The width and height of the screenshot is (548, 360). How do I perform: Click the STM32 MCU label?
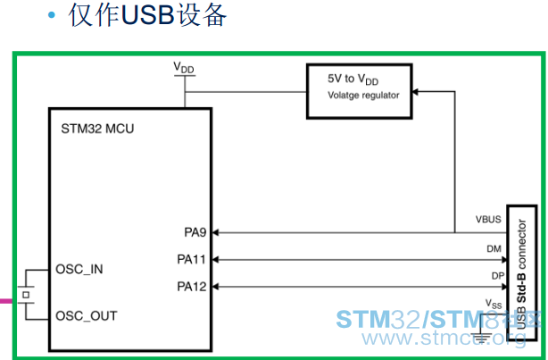click(x=97, y=129)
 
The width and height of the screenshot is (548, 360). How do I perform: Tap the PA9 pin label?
click(x=195, y=232)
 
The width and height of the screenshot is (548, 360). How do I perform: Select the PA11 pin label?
click(x=191, y=260)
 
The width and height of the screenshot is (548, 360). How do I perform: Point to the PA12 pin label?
click(x=192, y=287)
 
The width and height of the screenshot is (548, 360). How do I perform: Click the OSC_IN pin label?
click(x=79, y=270)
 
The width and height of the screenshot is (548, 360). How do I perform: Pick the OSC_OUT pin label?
click(x=87, y=316)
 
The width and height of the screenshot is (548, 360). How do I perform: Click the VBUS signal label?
click(x=488, y=220)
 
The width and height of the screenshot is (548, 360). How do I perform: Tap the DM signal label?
click(x=494, y=248)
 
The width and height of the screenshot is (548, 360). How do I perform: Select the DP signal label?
click(x=498, y=276)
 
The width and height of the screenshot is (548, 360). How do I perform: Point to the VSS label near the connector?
click(x=494, y=304)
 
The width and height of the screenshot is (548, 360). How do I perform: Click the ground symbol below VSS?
click(x=482, y=337)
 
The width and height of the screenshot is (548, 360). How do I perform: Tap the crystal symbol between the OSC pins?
click(x=26, y=295)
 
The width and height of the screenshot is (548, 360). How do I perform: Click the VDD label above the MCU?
click(x=184, y=68)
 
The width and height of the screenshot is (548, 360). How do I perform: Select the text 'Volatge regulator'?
click(x=363, y=96)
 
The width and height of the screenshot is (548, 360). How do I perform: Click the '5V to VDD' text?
click(x=353, y=80)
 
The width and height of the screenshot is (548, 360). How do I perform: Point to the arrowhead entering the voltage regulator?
click(x=415, y=92)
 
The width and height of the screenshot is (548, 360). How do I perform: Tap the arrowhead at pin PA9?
click(x=215, y=232)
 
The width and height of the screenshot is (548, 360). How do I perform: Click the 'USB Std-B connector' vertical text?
click(x=521, y=274)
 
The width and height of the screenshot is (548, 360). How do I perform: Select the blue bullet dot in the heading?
click(x=52, y=14)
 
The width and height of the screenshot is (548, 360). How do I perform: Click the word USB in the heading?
click(x=147, y=15)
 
